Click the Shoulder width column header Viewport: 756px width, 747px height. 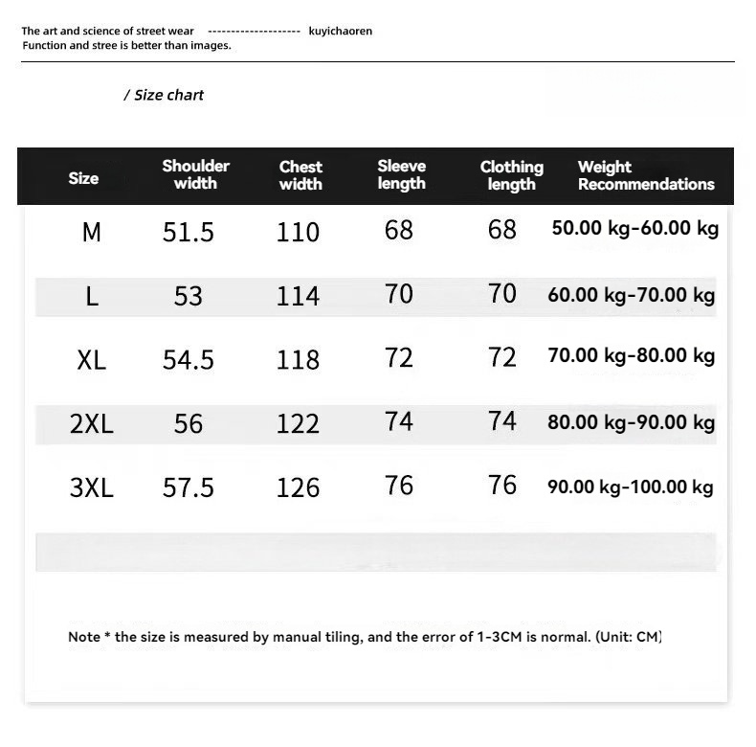195,174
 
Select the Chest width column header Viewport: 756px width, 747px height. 300,175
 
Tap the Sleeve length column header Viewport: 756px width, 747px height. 401,174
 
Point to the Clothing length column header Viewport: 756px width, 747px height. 511,175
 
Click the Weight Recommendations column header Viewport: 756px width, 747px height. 646,175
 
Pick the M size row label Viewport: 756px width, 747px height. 92,232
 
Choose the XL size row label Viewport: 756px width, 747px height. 92,360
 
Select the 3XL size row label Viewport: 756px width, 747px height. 92,487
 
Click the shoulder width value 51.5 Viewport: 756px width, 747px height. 189,232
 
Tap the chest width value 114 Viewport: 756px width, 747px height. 298,296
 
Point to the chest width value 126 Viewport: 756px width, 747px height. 298,487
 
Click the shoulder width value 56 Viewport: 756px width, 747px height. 189,423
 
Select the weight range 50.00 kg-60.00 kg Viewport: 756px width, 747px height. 635,229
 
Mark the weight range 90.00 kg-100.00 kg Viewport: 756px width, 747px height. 631,487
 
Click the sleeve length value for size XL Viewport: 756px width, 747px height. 399,358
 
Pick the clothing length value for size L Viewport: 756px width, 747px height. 502,294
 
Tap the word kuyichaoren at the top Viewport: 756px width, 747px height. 341,32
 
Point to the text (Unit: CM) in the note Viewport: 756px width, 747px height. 629,637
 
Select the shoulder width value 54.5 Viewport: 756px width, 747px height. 189,360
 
